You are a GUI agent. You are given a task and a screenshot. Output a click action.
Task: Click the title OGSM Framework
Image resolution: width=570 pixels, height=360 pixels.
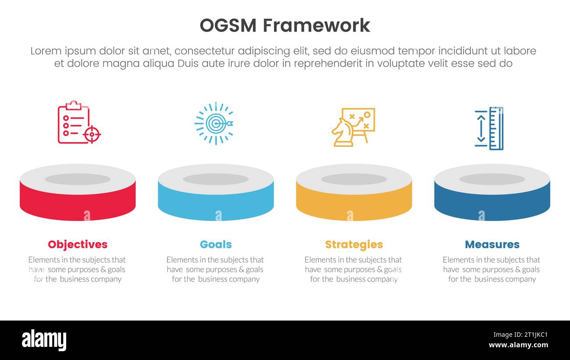tap(285, 25)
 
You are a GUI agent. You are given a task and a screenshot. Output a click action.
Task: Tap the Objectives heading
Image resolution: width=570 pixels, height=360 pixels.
tap(78, 244)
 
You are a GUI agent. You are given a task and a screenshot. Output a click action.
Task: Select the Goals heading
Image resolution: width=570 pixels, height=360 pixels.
tap(216, 244)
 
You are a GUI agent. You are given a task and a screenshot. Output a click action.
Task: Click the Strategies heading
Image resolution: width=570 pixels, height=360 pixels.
tap(354, 244)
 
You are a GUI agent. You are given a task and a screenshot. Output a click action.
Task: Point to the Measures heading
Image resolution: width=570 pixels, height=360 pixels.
tap(492, 244)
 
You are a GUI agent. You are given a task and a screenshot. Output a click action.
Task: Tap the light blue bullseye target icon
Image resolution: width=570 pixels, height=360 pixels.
tap(214, 124)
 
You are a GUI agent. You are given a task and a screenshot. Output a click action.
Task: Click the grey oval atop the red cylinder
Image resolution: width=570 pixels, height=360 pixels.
tap(78, 179)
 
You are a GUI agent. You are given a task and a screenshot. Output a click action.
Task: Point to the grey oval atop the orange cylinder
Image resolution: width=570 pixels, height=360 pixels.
tap(354, 179)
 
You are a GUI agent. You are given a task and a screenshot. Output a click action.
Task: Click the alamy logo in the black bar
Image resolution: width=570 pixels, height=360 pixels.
tap(44, 340)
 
